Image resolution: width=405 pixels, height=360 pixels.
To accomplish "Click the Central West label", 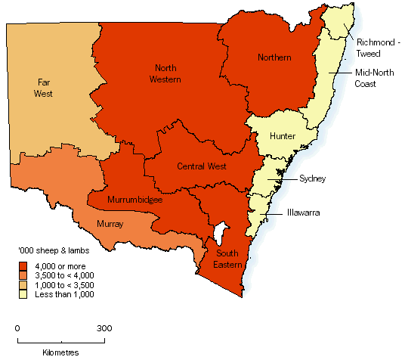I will [204, 166].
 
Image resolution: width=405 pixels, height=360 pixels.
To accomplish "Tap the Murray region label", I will [113, 224].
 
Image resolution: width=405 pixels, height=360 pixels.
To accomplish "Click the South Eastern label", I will [228, 259].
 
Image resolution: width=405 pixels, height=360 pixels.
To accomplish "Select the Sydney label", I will [312, 178].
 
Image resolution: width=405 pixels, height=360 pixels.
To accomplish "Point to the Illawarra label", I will [305, 213].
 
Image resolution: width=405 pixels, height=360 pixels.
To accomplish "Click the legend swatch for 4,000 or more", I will [23, 265].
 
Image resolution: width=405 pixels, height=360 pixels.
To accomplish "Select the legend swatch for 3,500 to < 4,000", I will [23, 275].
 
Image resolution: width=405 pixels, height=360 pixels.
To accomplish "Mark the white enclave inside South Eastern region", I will [220, 230].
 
